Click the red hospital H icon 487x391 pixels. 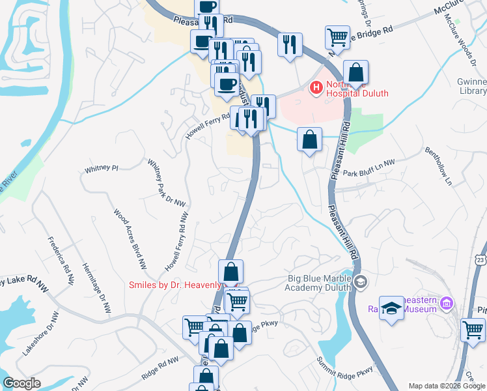coord(316,87)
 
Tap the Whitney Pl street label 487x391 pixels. coord(101,168)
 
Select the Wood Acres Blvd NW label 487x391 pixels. coord(130,239)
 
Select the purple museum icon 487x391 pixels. coord(446,303)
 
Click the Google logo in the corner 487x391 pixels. coord(21,383)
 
